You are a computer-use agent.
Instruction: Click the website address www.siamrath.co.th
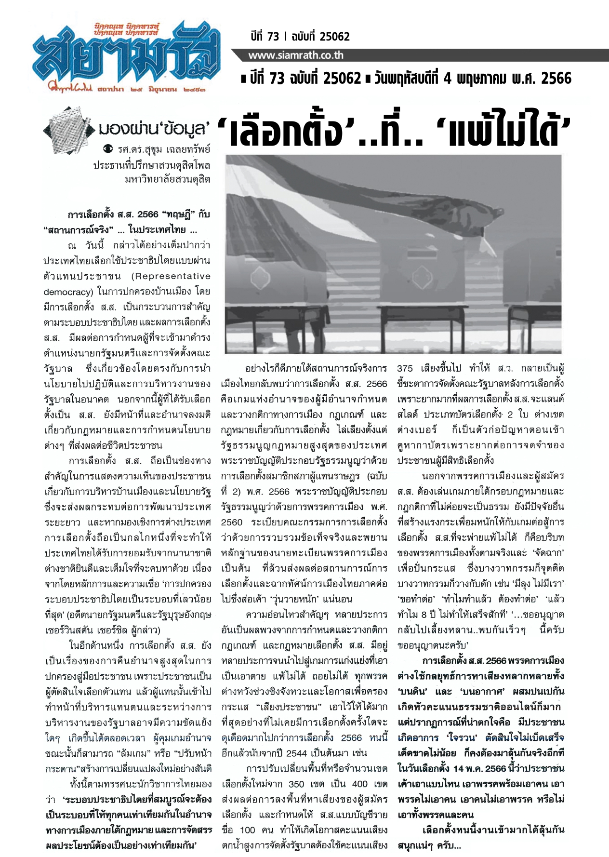pos(295,55)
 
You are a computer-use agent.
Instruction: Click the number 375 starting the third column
pos(405,369)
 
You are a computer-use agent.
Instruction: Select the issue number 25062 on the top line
pos(330,37)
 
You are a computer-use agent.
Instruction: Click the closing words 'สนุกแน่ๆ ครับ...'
pos(429,845)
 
